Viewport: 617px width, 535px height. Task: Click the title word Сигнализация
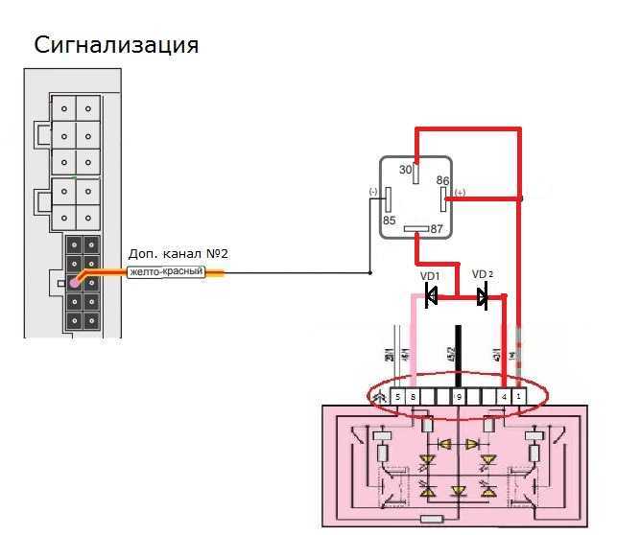116,45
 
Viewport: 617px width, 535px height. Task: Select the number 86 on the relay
442,180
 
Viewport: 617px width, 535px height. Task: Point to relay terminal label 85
389,220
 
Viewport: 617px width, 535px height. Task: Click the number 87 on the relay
437,229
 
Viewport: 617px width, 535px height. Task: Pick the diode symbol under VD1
431,298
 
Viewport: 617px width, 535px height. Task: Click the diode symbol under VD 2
483,298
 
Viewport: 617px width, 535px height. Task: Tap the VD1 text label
430,276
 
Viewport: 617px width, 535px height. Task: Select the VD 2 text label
483,274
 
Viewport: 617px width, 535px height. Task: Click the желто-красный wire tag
166,273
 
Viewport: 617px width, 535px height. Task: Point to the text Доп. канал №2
178,254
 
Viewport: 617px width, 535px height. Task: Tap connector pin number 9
459,396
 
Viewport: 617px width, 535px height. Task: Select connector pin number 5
397,396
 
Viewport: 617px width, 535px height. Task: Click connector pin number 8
412,396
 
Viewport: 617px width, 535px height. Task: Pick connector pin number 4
504,396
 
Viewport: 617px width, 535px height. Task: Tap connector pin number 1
519,396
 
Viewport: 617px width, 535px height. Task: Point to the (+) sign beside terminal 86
459,193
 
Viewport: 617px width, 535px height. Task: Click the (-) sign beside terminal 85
373,192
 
